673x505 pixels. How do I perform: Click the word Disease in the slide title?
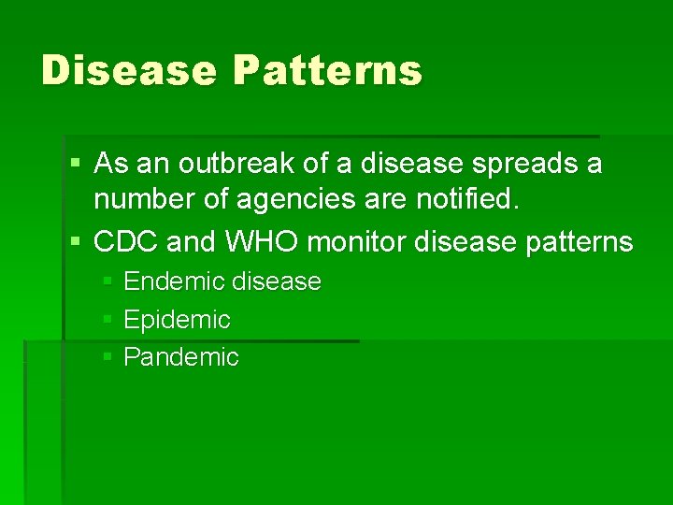(x=128, y=70)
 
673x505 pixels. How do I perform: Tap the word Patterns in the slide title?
(x=328, y=70)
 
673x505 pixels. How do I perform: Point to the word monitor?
(x=356, y=242)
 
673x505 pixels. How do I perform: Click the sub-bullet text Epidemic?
(x=177, y=320)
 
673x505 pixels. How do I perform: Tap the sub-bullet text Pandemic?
(x=181, y=357)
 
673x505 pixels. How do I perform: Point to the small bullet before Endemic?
(x=107, y=281)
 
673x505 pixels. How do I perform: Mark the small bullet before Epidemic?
(x=107, y=320)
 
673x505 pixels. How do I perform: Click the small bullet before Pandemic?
(x=107, y=357)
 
